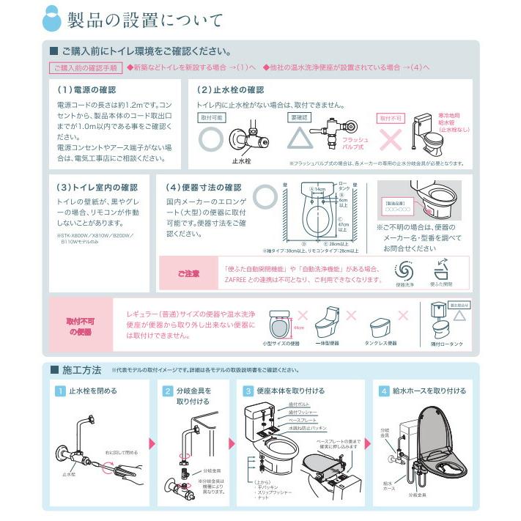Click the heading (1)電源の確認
coord(86,89)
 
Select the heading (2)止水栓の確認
coord(230,89)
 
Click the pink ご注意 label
coord(188,273)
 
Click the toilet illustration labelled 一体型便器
coord(325,322)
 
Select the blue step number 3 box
coord(248,391)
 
